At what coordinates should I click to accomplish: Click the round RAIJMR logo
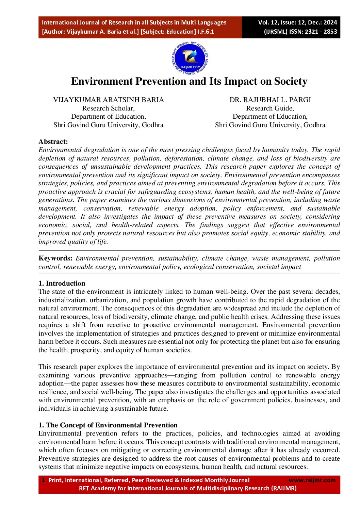[x=190, y=59]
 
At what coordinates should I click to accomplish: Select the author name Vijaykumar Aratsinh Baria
[x=108, y=100]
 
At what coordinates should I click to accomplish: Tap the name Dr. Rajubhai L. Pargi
[x=270, y=100]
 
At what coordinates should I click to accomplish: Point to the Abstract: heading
[x=53, y=141]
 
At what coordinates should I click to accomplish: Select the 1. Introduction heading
[x=62, y=283]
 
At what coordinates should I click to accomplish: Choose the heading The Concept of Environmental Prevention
[x=112, y=425]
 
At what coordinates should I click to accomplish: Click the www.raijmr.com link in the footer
[x=312, y=480]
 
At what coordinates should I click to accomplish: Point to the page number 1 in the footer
[x=43, y=480]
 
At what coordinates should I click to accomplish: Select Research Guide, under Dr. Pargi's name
[x=270, y=108]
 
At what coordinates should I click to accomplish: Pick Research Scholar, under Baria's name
[x=108, y=108]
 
